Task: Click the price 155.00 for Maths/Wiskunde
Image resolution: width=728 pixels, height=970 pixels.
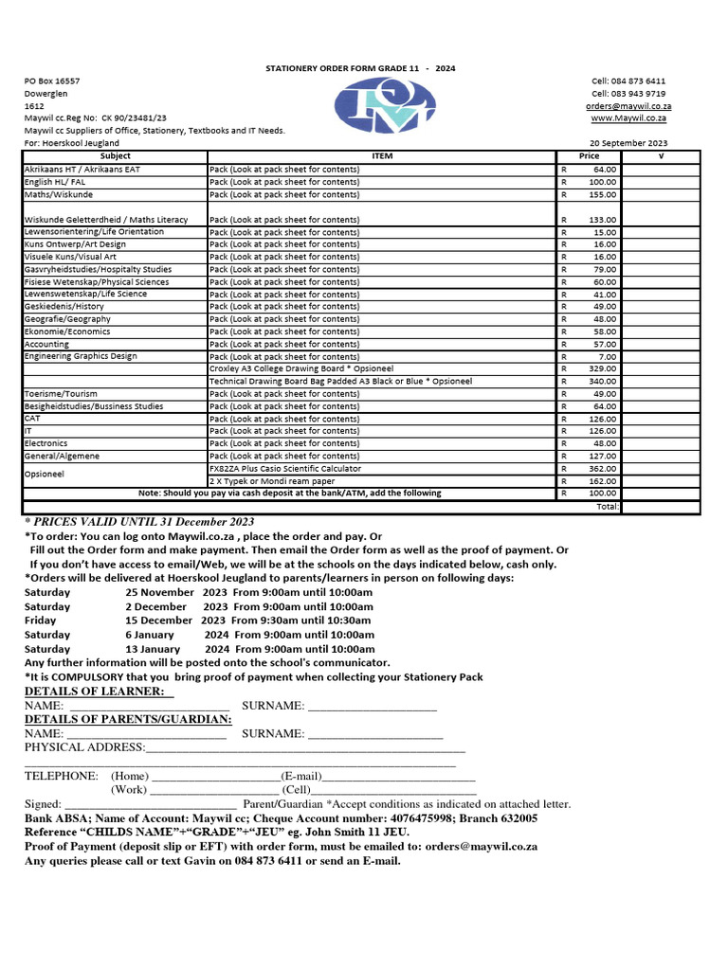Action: pyautogui.click(x=603, y=194)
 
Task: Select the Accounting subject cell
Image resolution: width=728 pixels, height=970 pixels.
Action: pyautogui.click(x=47, y=345)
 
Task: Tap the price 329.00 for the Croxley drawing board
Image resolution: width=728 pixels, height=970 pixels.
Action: pyautogui.click(x=603, y=369)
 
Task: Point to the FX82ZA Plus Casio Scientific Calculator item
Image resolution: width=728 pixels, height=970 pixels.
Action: pyautogui.click(x=285, y=468)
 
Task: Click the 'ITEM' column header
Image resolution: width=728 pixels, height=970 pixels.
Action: pyautogui.click(x=382, y=155)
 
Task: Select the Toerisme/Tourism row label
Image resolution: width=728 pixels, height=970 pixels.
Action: pyautogui.click(x=61, y=394)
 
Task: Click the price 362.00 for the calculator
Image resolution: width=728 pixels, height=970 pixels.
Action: pyautogui.click(x=603, y=468)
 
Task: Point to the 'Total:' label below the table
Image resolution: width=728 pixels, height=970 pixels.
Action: pyautogui.click(x=608, y=506)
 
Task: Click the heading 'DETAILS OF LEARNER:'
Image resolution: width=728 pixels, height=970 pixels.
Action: pyautogui.click(x=100, y=692)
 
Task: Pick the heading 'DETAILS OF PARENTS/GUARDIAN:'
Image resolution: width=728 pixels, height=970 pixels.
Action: pyautogui.click(x=128, y=719)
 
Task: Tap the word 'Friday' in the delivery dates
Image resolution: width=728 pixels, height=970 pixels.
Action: pyautogui.click(x=41, y=620)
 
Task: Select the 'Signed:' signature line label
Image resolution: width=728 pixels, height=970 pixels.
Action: pyautogui.click(x=43, y=803)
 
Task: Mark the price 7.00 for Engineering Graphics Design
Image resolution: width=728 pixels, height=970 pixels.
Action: pyautogui.click(x=608, y=357)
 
